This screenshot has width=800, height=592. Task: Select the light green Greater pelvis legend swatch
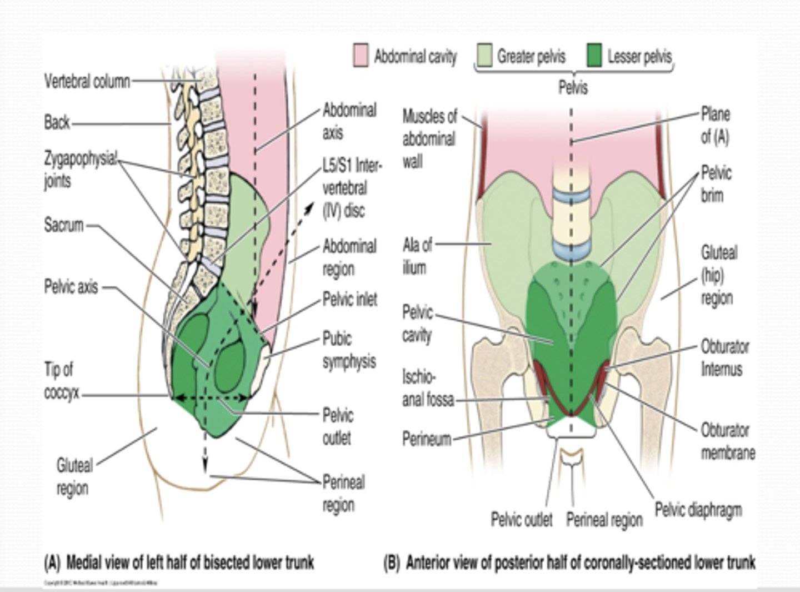[x=484, y=56]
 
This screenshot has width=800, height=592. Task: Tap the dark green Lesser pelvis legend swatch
[x=595, y=56]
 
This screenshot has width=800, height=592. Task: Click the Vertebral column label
[x=87, y=81]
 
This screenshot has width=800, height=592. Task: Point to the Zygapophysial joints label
[x=80, y=170]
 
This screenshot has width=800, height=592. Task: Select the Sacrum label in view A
[x=63, y=225]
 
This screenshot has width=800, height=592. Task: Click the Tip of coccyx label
[x=62, y=381]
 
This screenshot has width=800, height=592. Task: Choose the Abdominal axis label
[x=349, y=121]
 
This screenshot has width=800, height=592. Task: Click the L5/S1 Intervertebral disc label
[x=350, y=188]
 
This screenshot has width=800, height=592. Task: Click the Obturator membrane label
[x=727, y=441]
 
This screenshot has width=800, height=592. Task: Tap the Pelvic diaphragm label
[x=698, y=510]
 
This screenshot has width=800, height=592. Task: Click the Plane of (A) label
[x=715, y=126]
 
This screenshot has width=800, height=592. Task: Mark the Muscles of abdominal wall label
[x=429, y=138]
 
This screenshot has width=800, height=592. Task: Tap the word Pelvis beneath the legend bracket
[x=573, y=88]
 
